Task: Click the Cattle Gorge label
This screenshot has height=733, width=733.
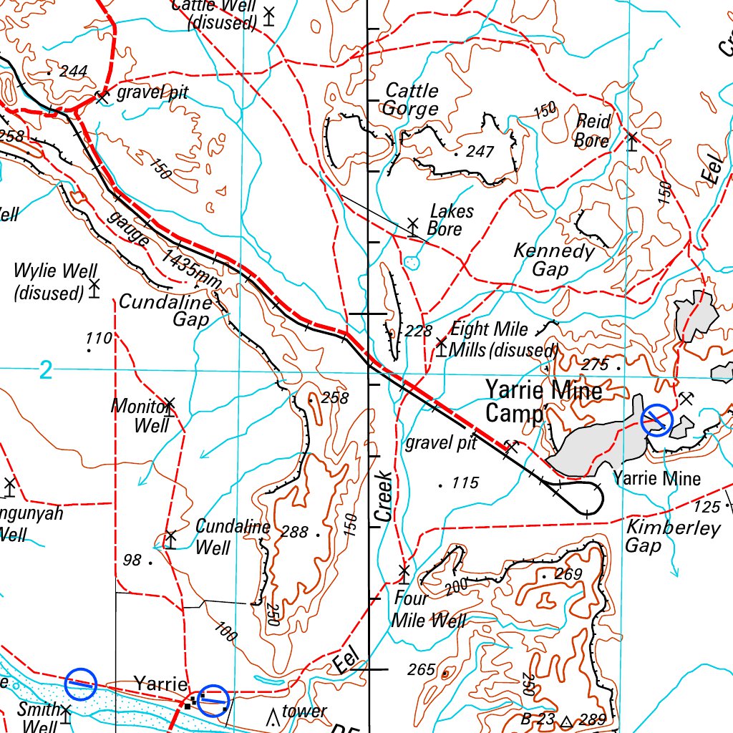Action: pos(411,99)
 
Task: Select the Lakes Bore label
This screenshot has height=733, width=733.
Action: pos(450,220)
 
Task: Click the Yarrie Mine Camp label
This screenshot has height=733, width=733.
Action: pos(544,401)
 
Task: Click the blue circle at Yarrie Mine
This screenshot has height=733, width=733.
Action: pos(656,420)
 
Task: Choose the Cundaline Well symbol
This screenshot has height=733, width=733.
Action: pos(170,538)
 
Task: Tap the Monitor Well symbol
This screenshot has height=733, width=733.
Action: pos(169,406)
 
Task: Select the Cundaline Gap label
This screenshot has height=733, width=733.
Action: pos(165,310)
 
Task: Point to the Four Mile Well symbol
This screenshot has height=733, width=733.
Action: pos(404,573)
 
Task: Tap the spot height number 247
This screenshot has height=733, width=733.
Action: pos(480,152)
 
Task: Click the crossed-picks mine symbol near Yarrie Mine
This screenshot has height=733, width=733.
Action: pos(686,398)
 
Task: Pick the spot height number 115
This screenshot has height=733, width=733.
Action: pos(464,483)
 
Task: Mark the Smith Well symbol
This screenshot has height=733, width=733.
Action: pos(66,714)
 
